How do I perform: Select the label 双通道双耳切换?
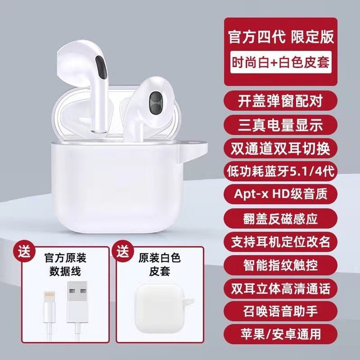pos(280,147)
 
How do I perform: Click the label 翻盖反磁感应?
pos(280,216)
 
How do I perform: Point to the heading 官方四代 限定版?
pos(280,37)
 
